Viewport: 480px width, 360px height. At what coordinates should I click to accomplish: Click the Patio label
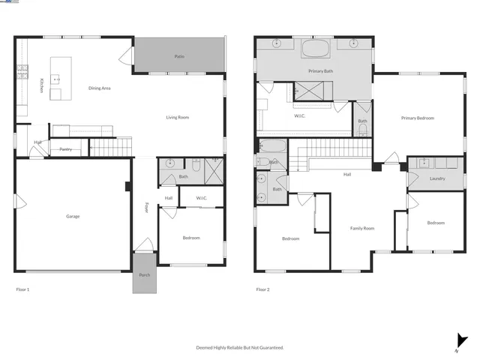179,56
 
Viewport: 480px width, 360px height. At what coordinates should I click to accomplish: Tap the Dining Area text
100,88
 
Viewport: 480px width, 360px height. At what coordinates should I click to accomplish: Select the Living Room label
178,118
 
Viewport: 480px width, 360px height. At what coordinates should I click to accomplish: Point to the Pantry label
66,149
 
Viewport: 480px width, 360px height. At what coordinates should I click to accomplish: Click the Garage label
73,216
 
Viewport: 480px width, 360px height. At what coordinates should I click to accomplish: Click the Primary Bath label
320,71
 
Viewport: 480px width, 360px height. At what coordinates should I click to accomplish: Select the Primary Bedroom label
417,118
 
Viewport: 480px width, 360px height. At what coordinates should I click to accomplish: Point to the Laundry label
438,178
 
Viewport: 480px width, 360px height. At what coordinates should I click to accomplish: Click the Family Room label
362,228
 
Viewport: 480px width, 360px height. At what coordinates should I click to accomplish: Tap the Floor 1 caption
22,289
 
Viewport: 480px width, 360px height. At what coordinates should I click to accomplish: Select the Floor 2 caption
262,289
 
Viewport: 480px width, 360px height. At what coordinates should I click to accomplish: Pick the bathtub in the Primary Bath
315,49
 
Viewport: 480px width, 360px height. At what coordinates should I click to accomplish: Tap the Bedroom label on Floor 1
191,238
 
